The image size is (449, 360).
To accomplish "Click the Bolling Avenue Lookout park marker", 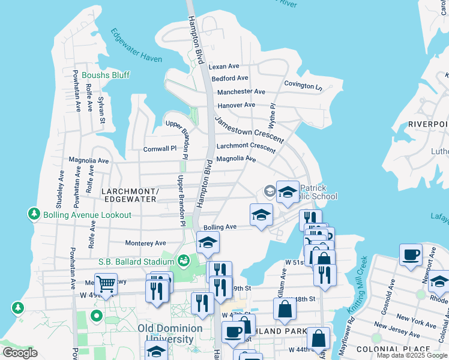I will [34, 214].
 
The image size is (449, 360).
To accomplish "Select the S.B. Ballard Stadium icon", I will [183, 261].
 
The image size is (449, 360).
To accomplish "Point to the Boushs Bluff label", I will [106, 75].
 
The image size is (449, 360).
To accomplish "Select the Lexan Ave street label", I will [224, 66].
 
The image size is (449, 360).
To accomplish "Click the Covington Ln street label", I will [303, 85].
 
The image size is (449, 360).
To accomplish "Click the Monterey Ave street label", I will [145, 243].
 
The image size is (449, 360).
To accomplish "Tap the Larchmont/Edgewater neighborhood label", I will [131, 195].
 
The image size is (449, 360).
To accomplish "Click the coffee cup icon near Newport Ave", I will [411, 254].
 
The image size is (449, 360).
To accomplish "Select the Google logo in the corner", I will [20, 353].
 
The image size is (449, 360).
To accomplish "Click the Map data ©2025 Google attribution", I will [412, 355].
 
